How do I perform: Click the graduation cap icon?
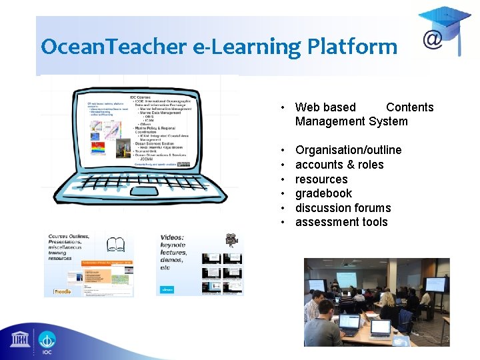(x=445, y=21)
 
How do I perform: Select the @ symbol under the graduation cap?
(x=432, y=39)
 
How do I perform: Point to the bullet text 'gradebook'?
(x=323, y=193)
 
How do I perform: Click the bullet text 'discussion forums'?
(x=343, y=208)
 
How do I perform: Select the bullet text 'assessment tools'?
(x=341, y=222)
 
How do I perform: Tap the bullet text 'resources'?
(x=321, y=179)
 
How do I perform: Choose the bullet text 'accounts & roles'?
(x=339, y=165)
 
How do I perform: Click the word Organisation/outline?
(x=348, y=150)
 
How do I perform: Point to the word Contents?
(x=409, y=107)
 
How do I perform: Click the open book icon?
(x=115, y=247)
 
